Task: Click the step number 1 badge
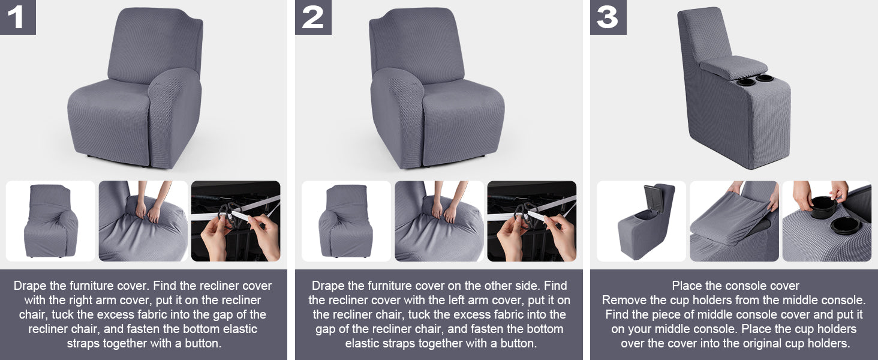(18, 17)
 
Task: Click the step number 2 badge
(313, 17)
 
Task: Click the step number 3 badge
(608, 17)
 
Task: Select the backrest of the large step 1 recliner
(155, 45)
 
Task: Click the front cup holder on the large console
(745, 82)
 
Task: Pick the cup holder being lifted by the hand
(823, 206)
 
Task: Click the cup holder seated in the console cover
(846, 226)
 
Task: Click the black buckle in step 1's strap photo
(227, 218)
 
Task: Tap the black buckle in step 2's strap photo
(524, 218)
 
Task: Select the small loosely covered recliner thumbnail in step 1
(51, 221)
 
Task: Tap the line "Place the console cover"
(735, 286)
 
